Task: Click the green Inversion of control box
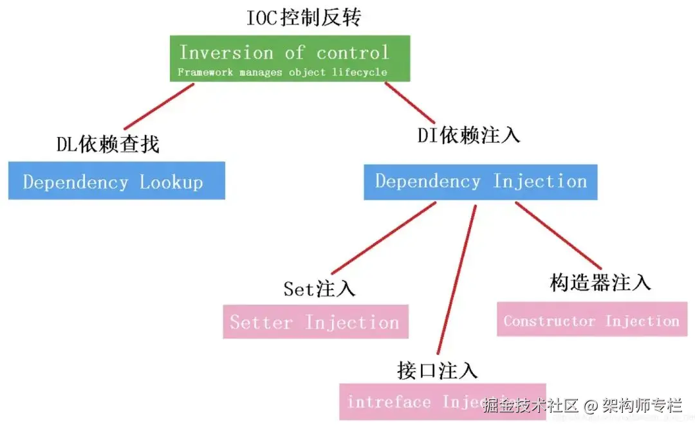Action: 290,59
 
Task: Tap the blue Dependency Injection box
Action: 481,182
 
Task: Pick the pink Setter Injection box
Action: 315,322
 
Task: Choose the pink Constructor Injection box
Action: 591,320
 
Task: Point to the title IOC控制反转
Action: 304,18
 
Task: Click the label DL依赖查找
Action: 108,145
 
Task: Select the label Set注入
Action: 319,289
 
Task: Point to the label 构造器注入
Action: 600,282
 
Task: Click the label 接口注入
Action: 438,370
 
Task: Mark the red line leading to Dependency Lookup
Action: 159,106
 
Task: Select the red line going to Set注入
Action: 384,238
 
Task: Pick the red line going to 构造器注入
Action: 557,235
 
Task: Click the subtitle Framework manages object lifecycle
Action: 283,72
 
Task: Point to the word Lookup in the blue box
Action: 172,182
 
